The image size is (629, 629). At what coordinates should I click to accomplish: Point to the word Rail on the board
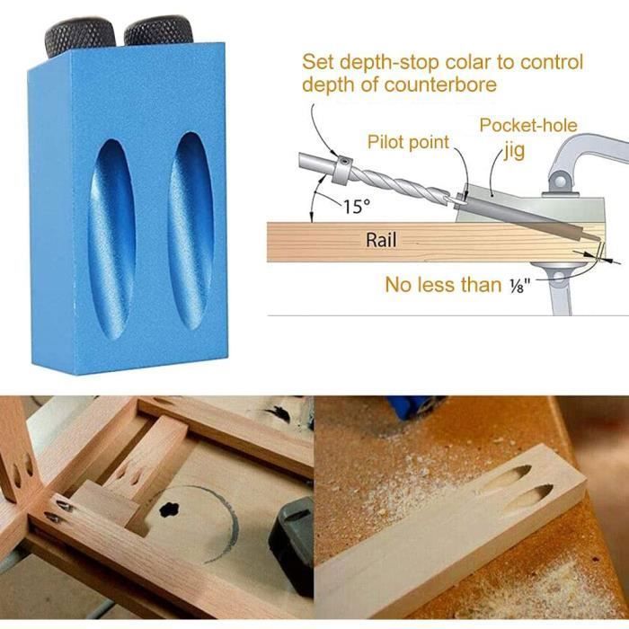click(x=381, y=241)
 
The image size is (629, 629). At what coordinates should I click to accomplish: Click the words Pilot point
click(x=408, y=142)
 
